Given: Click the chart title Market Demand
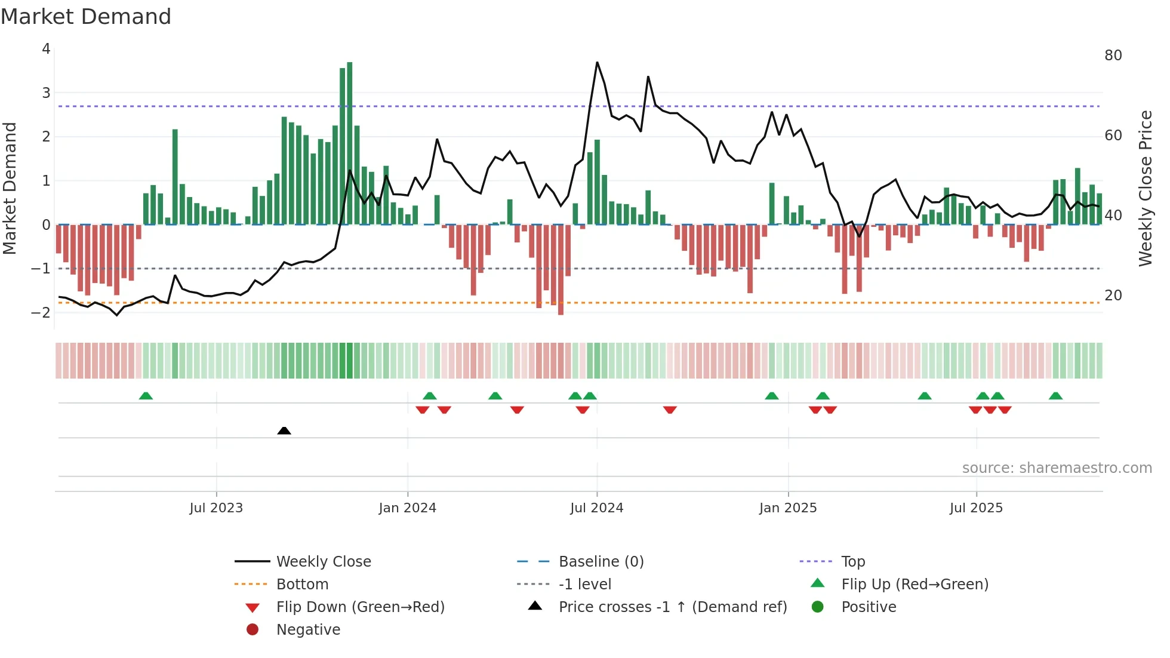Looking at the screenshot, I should (x=86, y=17).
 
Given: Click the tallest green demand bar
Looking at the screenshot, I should (x=350, y=143).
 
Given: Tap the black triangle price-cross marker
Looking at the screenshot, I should (x=284, y=431).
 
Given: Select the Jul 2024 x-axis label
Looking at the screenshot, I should (x=596, y=508).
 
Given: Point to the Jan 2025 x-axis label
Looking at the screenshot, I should (x=788, y=508).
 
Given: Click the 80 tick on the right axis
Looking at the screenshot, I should (x=1113, y=56).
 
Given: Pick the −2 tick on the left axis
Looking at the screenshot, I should (x=41, y=312).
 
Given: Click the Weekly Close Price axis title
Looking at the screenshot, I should (x=1145, y=188).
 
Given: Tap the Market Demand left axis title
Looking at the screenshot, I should (x=10, y=188).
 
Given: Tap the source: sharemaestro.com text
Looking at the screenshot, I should (x=1057, y=468).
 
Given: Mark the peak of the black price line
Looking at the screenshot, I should (x=597, y=62).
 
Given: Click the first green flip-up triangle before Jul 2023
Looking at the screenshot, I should (x=146, y=396).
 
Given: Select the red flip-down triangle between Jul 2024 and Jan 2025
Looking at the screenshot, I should (x=670, y=410).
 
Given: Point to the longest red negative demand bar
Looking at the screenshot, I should (x=561, y=269).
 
